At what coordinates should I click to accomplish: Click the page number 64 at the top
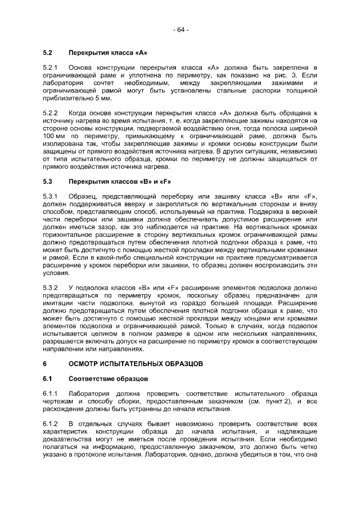point(180,29)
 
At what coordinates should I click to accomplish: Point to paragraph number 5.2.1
point(51,67)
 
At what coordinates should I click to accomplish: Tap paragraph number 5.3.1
point(51,196)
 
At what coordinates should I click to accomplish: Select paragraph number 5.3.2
point(51,287)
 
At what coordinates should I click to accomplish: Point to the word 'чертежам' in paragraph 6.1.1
point(57,402)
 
